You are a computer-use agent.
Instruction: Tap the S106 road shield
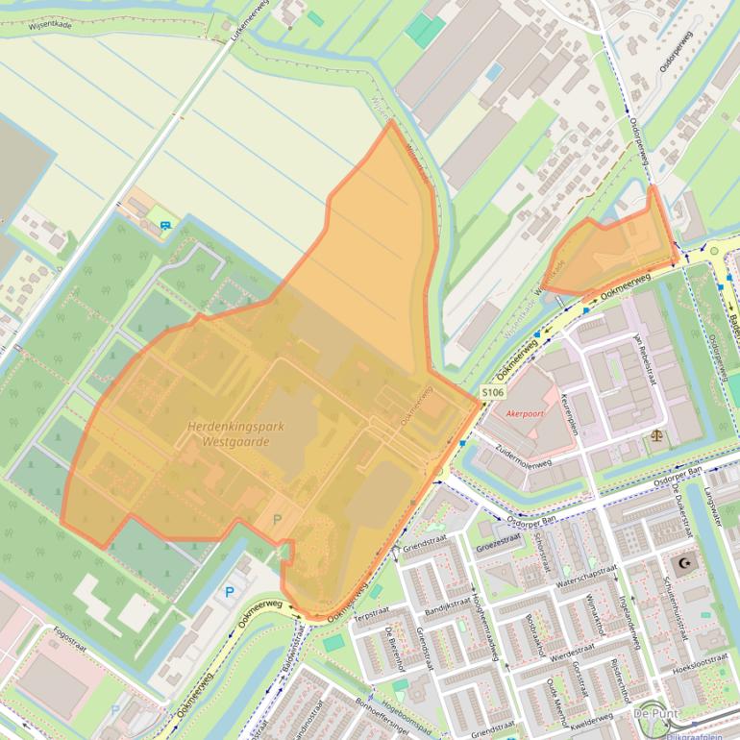tap(493, 393)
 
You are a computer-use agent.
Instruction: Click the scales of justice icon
tap(657, 434)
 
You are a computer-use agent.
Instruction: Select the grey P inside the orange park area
tap(278, 519)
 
